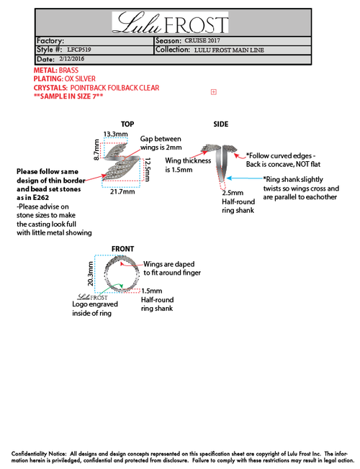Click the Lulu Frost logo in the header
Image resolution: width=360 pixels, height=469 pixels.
tap(170, 22)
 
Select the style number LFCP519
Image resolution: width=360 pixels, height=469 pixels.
tap(79, 50)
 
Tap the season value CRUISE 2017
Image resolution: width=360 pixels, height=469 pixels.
tap(202, 41)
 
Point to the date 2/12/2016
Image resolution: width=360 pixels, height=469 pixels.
tap(71, 59)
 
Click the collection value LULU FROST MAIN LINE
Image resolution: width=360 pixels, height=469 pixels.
tap(229, 50)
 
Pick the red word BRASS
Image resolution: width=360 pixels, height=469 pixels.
tap(68, 70)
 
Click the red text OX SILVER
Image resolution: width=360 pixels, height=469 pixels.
tap(80, 78)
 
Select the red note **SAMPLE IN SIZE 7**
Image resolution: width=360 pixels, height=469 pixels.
tap(68, 96)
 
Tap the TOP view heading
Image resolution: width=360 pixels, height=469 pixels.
tap(127, 124)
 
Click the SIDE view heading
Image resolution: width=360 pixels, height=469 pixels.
tap(221, 124)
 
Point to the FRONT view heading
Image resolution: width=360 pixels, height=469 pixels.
tap(123, 249)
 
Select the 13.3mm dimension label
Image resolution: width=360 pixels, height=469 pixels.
tap(116, 134)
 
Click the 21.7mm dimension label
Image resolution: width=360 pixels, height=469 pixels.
tap(122, 191)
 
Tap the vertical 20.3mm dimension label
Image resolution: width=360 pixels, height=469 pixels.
tap(90, 273)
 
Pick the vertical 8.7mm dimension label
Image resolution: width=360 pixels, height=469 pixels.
tap(96, 150)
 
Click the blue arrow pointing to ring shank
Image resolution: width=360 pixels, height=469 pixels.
tap(244, 178)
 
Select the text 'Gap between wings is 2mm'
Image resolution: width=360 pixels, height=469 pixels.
tap(161, 143)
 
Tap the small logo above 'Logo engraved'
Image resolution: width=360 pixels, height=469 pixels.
tap(92, 297)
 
